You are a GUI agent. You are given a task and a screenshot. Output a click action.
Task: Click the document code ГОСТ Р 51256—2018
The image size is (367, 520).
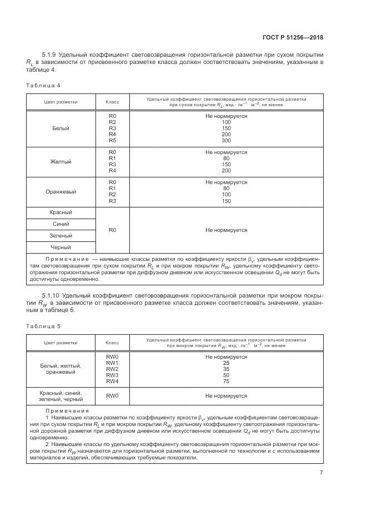(292, 38)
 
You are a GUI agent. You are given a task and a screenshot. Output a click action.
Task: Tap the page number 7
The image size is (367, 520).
(321, 473)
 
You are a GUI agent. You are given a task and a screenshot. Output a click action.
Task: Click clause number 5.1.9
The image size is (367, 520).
(51, 55)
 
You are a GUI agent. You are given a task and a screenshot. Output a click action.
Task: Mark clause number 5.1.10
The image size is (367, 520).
(53, 295)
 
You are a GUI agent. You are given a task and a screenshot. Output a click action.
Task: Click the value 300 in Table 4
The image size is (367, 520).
(226, 141)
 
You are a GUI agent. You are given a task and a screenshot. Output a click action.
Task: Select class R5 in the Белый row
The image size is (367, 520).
(112, 141)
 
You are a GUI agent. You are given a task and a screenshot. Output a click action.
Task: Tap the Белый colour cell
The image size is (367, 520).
(61, 128)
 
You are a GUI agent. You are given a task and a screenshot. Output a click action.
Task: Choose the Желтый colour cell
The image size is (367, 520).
(61, 161)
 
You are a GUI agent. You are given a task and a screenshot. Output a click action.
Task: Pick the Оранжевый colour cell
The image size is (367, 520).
(61, 192)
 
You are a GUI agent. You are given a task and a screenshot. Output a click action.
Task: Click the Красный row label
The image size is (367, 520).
(61, 212)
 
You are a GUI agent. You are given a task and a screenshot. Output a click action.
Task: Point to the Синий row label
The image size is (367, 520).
(61, 224)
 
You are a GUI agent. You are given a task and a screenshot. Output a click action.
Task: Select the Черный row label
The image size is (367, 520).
(61, 247)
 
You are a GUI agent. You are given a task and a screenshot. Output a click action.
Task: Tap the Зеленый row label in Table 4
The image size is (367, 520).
(61, 236)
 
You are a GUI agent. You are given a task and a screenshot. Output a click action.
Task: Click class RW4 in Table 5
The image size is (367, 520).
(112, 381)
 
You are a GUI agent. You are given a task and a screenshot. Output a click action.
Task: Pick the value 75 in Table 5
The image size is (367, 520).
(226, 381)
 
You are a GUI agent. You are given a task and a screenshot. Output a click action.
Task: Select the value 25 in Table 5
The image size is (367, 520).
(226, 363)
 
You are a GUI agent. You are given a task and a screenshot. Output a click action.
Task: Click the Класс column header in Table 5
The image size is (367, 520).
(112, 342)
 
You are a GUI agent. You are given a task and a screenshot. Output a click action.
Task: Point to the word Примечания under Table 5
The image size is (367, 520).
(66, 410)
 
